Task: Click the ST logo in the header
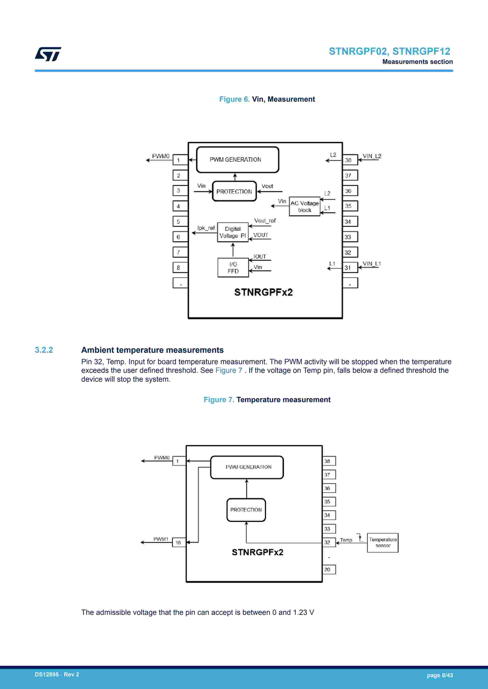click(x=48, y=54)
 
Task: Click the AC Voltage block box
click(x=304, y=206)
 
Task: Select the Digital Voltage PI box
click(x=232, y=232)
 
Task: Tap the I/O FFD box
click(x=233, y=268)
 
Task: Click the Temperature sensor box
click(x=382, y=543)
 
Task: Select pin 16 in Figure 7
click(x=179, y=543)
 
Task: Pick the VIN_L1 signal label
click(x=371, y=264)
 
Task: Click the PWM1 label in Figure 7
click(x=161, y=539)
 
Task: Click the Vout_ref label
click(x=265, y=221)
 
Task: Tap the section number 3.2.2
click(x=44, y=350)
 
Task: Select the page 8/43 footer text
click(x=440, y=675)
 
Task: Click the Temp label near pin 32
click(x=346, y=540)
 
